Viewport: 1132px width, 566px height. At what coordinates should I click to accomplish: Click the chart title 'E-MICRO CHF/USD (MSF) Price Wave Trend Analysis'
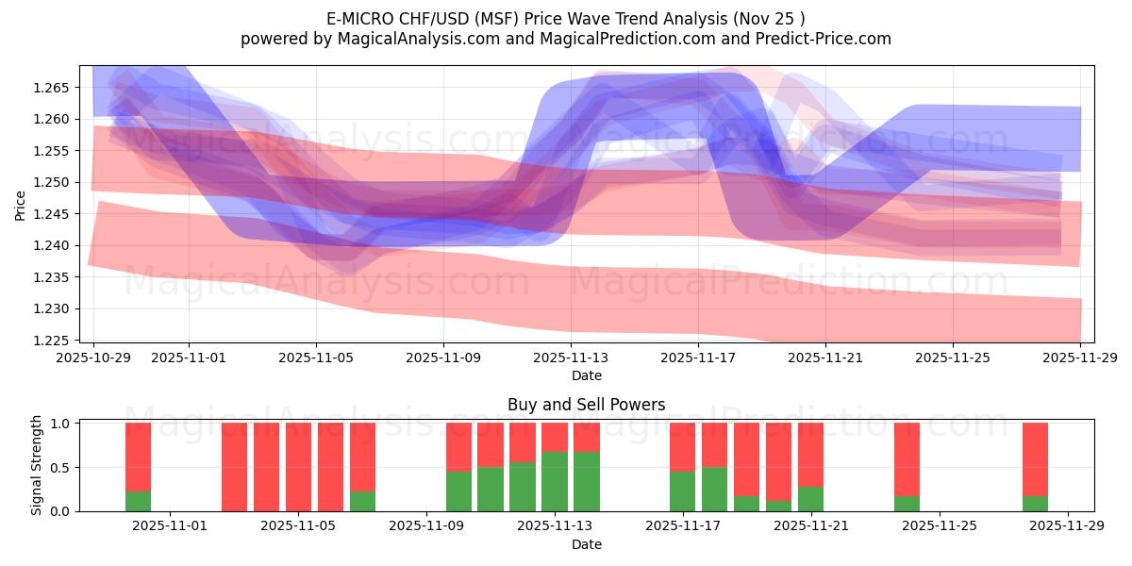(565, 18)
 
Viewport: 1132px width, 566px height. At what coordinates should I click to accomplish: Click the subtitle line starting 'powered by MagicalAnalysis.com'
(565, 39)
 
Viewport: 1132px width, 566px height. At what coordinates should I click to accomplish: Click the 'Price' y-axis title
(21, 204)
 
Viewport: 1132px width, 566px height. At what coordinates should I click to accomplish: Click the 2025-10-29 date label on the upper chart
(93, 358)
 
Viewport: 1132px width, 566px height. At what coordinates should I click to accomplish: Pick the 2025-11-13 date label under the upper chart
(571, 358)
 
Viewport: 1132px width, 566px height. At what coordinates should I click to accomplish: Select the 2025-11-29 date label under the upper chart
(1080, 358)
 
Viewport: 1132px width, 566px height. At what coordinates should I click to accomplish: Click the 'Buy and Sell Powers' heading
(586, 405)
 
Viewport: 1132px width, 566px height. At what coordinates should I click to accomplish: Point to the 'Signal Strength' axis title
(36, 466)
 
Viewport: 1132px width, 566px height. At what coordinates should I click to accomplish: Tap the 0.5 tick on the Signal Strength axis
(59, 468)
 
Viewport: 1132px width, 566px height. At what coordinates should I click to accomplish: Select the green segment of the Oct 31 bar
(139, 501)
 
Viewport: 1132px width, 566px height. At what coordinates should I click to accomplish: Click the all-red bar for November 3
(235, 467)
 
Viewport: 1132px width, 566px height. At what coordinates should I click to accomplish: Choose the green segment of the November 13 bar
(587, 481)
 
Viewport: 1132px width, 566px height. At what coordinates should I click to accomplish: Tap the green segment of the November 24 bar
(907, 504)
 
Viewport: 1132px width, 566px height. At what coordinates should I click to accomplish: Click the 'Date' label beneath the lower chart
(586, 544)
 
